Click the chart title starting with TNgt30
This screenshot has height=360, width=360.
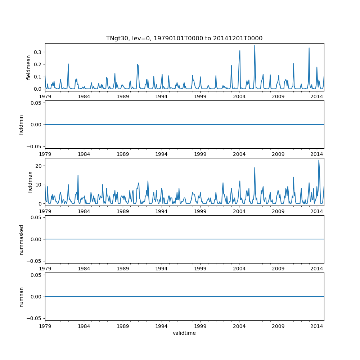(184, 38)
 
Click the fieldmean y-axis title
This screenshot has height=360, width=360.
(29, 67)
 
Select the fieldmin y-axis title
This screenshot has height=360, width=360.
(21, 125)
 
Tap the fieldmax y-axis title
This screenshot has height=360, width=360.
(30, 182)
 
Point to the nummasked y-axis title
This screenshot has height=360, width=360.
(21, 239)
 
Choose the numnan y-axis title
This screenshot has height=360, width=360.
(21, 297)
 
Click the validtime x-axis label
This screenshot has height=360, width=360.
(184, 333)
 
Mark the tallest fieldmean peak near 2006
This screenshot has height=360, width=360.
(255, 46)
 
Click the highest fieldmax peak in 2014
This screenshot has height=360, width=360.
(319, 160)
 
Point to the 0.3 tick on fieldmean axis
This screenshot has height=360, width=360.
(37, 52)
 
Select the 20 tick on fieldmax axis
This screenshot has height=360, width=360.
(39, 166)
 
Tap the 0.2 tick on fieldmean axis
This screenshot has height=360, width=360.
(37, 64)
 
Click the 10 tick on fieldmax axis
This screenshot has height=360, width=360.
(39, 185)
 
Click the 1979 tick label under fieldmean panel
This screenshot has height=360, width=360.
(45, 96)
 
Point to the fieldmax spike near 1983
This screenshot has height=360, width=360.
(78, 175)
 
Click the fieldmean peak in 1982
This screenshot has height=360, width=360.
(68, 64)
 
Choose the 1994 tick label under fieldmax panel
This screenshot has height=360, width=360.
(161, 211)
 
